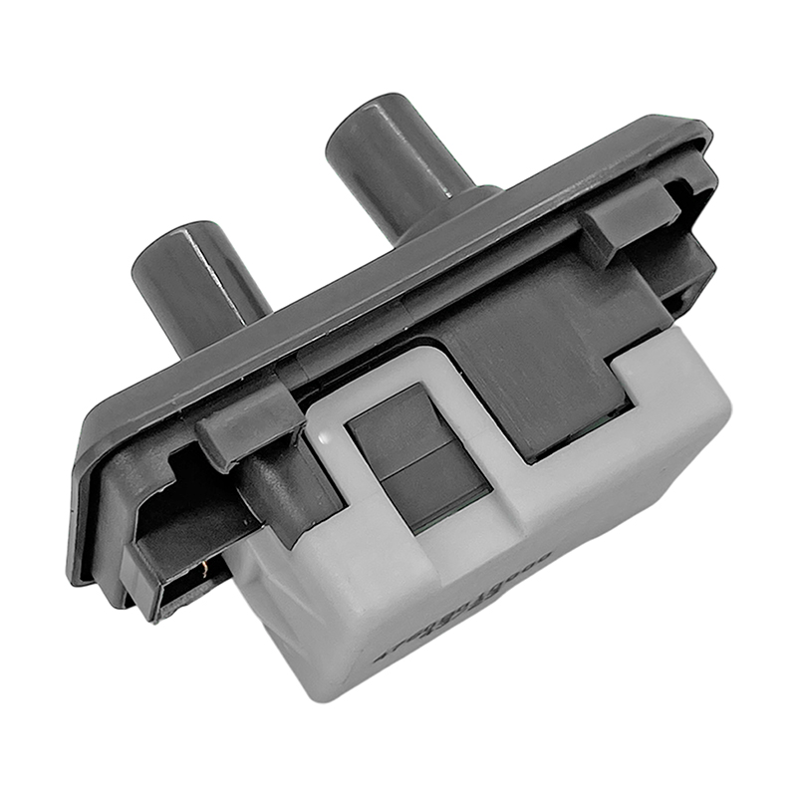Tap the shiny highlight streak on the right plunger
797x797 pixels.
click(438, 159)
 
